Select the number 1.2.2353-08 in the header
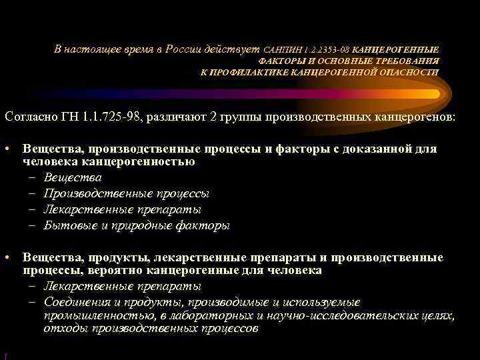(x=326, y=50)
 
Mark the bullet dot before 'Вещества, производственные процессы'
(x=7, y=149)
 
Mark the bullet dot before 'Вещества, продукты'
(x=7, y=257)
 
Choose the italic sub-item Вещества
(x=73, y=177)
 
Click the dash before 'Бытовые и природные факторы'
(x=33, y=225)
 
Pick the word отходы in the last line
(x=64, y=329)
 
